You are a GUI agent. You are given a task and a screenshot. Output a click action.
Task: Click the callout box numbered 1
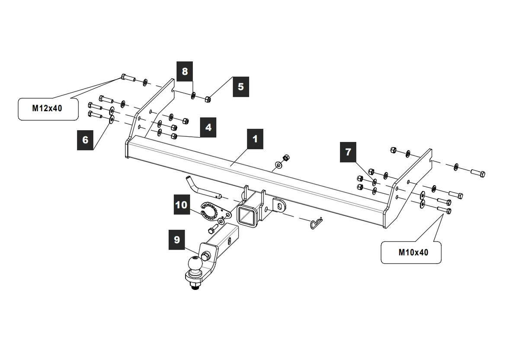tap(255, 139)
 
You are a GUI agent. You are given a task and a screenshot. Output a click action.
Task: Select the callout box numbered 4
tap(208, 127)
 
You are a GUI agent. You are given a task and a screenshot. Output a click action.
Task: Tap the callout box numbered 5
tap(241, 87)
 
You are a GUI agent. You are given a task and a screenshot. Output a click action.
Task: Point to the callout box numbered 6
tap(85, 140)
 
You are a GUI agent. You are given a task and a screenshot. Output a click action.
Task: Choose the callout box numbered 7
tap(348, 152)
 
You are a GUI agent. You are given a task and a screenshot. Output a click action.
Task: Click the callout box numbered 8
tap(185, 71)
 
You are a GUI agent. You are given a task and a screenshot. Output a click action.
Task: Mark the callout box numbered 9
tap(176, 240)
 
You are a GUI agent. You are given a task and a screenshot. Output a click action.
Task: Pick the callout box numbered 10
tap(182, 205)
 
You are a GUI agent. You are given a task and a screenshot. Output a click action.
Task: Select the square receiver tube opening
tap(247, 216)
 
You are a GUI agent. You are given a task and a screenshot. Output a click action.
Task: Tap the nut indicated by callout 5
tap(208, 100)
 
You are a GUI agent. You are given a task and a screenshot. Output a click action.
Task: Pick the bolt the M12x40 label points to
tap(128, 77)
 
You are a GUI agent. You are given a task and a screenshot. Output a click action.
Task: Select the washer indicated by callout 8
tap(193, 95)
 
